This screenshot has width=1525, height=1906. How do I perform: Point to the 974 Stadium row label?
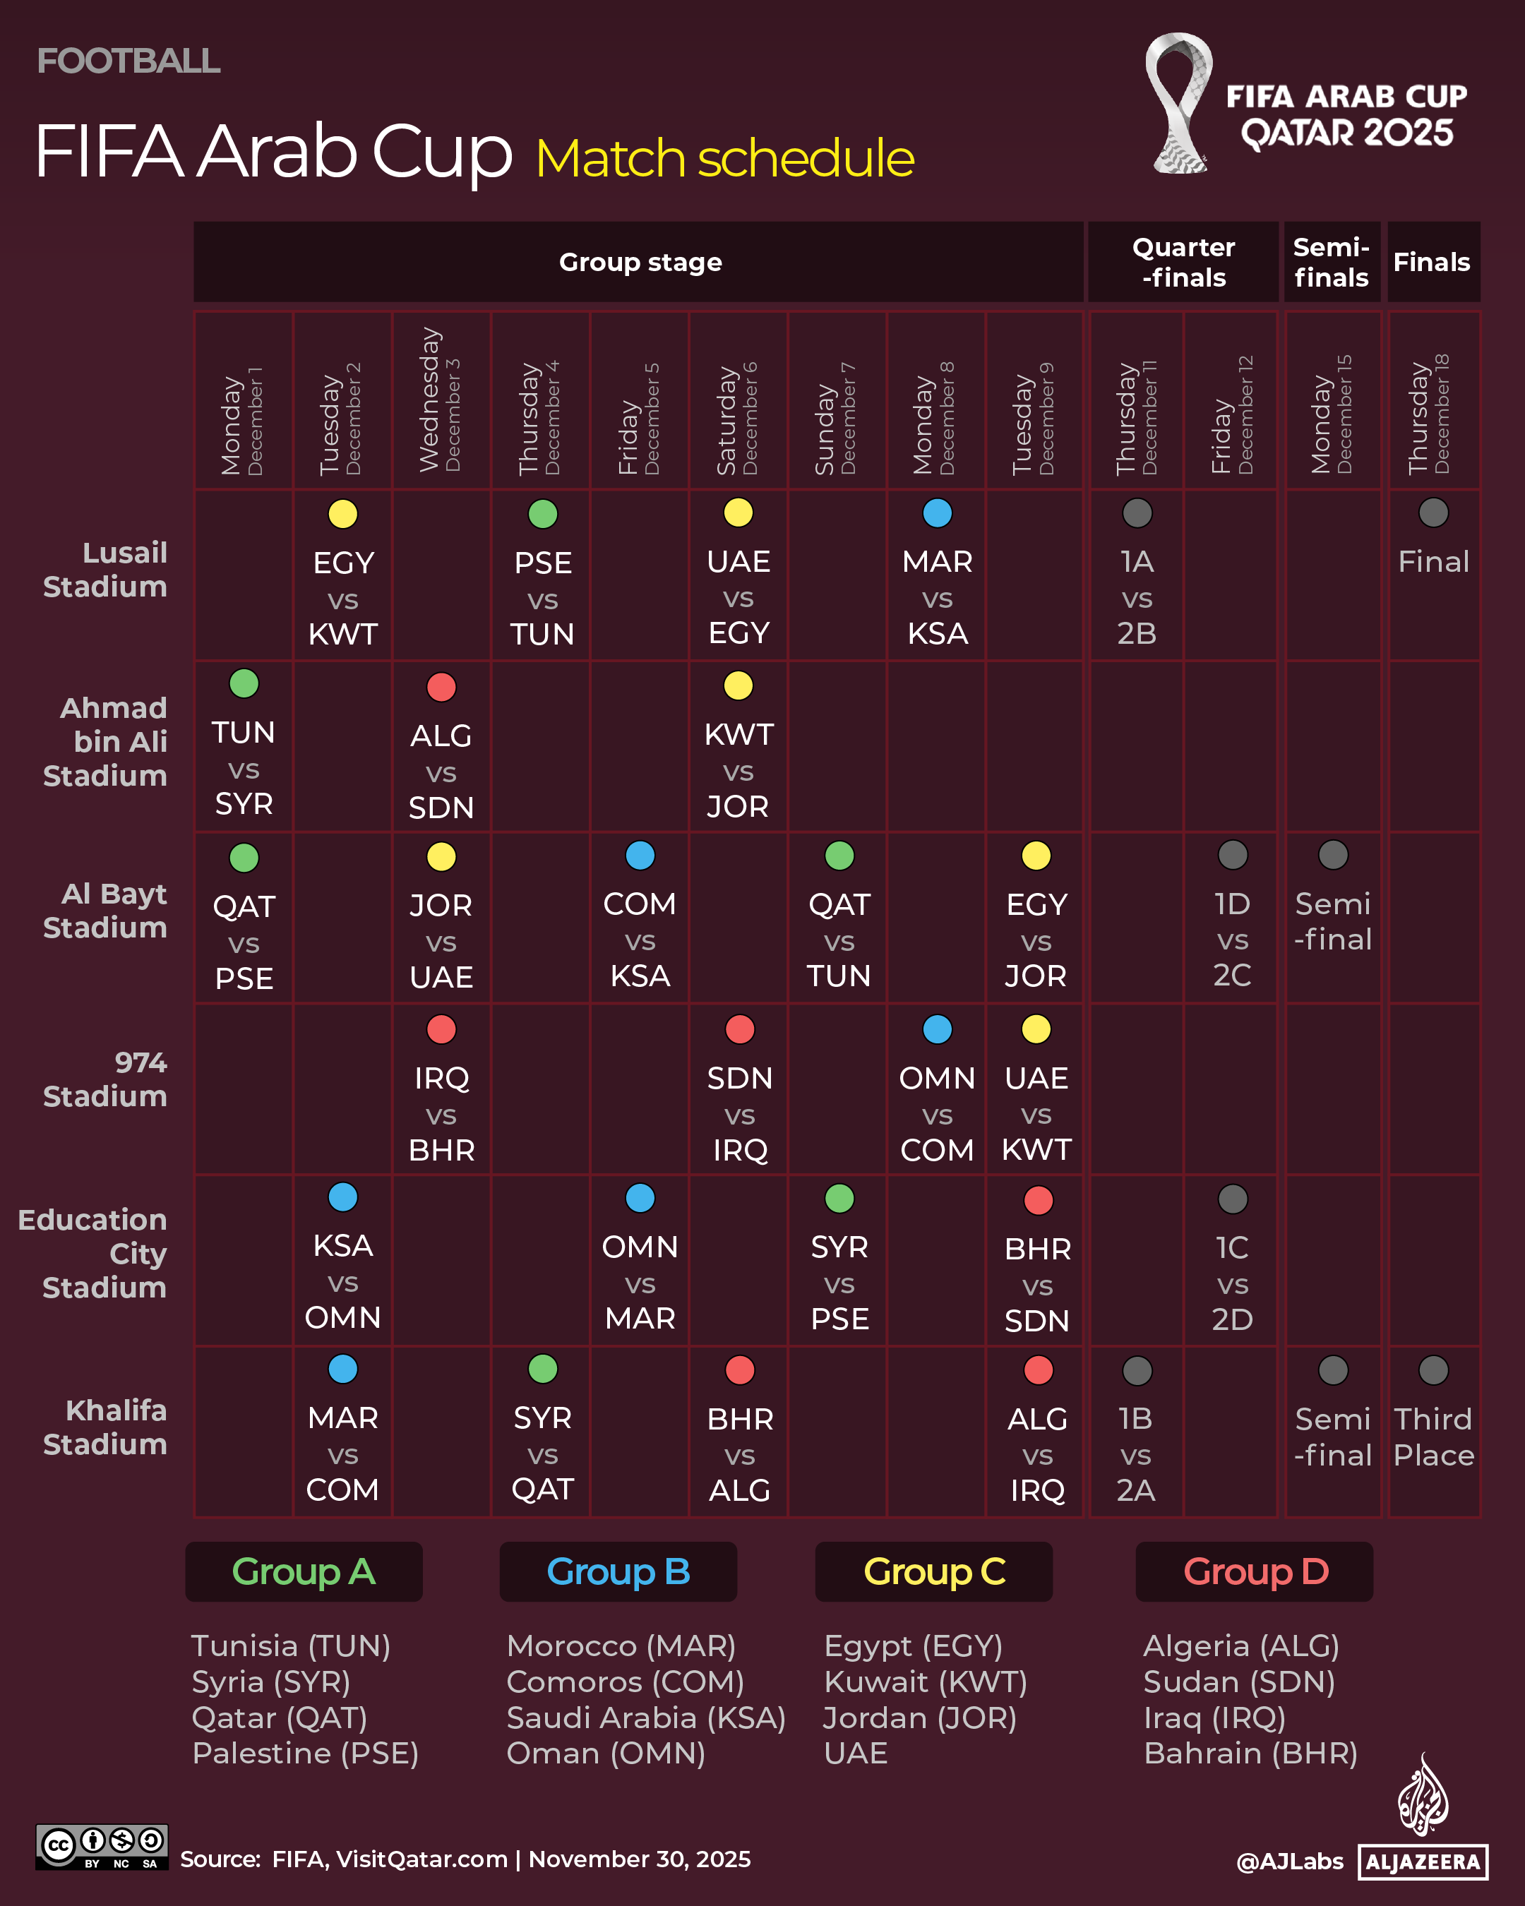[105, 1079]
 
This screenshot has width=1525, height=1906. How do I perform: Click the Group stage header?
[640, 263]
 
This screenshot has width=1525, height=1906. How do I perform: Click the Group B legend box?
[618, 1572]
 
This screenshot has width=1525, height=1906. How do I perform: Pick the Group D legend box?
[1255, 1572]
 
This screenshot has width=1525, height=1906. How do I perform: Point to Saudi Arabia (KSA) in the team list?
[645, 1718]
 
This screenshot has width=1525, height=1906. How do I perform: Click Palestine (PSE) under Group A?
[305, 1753]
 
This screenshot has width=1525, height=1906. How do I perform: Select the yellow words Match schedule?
[724, 159]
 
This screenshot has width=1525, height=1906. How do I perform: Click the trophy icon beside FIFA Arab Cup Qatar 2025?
[1178, 104]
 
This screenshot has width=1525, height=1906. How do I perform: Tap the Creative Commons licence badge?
[102, 1846]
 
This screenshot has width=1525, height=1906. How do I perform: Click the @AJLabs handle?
[1289, 1862]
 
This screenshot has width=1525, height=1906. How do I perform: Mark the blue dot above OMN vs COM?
[937, 1029]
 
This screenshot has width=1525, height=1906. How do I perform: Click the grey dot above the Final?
[1433, 513]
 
